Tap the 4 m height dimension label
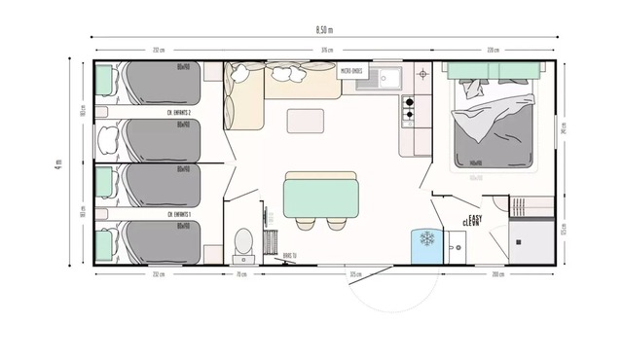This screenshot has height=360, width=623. [x=59, y=163]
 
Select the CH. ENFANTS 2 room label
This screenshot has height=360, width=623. [x=178, y=113]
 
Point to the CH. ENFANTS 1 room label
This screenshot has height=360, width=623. [x=178, y=214]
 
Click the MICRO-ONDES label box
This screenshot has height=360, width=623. [x=350, y=71]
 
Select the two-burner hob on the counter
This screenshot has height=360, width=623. [x=409, y=108]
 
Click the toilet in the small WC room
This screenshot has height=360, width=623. [x=244, y=241]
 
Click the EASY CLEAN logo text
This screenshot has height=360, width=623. [x=475, y=221]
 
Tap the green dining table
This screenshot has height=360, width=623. [x=320, y=195]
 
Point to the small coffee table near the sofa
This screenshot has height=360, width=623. [x=306, y=122]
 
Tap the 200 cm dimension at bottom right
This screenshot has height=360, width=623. [x=499, y=275]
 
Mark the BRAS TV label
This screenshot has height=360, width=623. [x=289, y=256]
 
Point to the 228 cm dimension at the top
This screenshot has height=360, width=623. [x=493, y=50]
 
